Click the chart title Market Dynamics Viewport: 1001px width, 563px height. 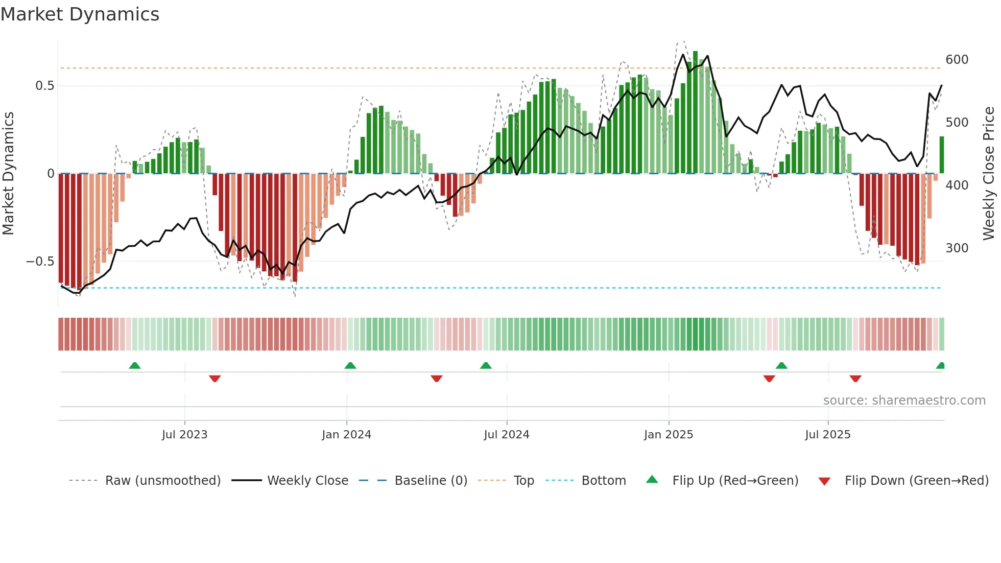(80, 14)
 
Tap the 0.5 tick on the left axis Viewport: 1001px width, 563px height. (44, 86)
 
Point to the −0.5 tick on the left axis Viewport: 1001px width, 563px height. (40, 262)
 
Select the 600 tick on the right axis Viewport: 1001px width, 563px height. (957, 60)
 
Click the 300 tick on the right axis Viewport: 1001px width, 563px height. (957, 248)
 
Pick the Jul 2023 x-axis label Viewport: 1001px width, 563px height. (184, 435)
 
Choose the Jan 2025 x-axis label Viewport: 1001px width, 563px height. (668, 435)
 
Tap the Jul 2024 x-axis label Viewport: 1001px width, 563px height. (506, 435)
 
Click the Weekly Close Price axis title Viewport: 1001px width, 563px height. (989, 174)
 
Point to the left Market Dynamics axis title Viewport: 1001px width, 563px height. (8, 174)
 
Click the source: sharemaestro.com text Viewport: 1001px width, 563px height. (904, 401)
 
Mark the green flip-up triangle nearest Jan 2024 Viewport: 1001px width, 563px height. (350, 366)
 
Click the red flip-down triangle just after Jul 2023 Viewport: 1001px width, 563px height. (214, 379)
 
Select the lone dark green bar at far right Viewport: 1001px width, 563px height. (942, 155)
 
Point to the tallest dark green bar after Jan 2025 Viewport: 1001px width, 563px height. (695, 112)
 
